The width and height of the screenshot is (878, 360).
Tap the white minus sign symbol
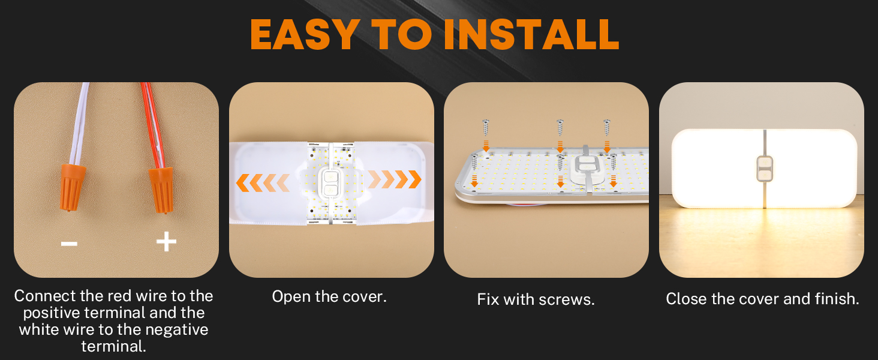tap(69, 243)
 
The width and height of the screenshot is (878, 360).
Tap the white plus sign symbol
tap(166, 242)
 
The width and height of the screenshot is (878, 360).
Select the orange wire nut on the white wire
tap(71, 187)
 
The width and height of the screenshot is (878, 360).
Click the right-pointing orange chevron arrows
tap(395, 179)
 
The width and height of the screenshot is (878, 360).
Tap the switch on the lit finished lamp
tap(765, 169)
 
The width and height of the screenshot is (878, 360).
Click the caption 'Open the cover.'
tap(329, 296)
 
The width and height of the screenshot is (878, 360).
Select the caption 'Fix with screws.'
tap(536, 299)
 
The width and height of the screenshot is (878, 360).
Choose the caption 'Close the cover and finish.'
tap(762, 299)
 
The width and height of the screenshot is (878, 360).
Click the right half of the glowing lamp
tap(810, 168)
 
